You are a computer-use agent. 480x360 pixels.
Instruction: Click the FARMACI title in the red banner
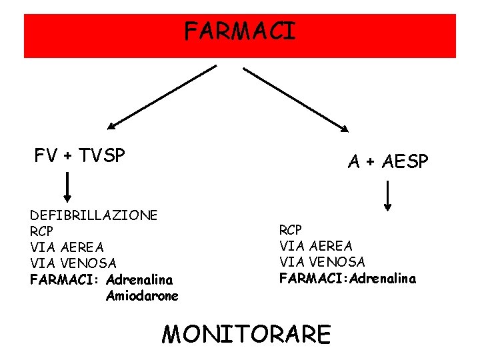239,31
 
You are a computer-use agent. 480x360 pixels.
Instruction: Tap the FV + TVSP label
80,156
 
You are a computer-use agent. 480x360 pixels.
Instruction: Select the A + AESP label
389,161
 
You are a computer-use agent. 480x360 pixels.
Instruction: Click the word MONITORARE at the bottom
246,333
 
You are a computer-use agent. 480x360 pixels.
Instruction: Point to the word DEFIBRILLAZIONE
94,215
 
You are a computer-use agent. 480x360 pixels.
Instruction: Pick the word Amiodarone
142,296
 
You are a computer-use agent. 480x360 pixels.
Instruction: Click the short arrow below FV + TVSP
67,187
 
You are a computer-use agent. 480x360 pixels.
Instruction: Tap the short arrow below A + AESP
388,197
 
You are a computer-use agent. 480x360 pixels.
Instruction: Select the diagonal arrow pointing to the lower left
162,97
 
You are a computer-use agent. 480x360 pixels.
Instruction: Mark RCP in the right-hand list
291,231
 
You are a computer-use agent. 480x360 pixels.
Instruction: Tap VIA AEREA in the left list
67,247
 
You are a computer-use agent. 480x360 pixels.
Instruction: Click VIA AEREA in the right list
316,247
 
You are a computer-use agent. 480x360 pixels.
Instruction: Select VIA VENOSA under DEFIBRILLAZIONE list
73,264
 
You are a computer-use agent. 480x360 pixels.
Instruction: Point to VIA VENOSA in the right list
322,263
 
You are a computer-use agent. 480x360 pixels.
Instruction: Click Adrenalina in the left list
139,280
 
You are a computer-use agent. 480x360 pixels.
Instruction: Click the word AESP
407,161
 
